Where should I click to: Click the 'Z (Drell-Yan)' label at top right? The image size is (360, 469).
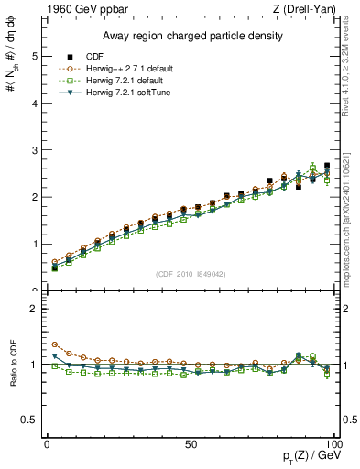309,9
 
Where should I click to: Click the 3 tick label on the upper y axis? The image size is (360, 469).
32,150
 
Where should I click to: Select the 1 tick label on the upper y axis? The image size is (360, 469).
32,245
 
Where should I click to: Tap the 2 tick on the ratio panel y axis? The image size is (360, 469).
32,309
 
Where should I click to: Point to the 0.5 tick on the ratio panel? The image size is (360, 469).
28,420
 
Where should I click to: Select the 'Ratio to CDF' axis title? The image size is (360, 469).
12,376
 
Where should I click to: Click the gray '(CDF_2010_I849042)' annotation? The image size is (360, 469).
191,274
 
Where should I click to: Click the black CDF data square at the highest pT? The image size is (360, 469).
327,166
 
